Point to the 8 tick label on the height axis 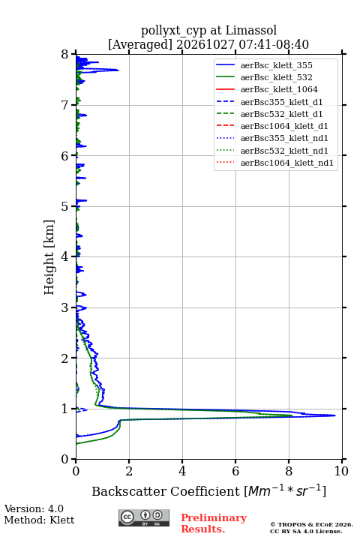65,55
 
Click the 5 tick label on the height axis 65,206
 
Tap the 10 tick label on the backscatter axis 341,471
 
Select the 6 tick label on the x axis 235,471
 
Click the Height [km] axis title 49,257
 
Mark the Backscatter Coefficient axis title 208,490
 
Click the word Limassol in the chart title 251,30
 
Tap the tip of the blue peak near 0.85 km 335,415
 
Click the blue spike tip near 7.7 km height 118,70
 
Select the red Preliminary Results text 214,523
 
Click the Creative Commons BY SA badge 144,517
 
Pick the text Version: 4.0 34,508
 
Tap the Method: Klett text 39,520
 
